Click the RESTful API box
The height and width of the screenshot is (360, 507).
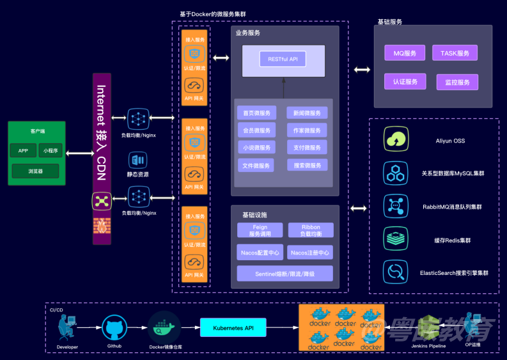pos(283,59)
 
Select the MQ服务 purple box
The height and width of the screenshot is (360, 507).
pos(404,53)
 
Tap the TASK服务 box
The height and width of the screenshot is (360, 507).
pos(455,53)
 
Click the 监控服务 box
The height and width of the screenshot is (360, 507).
pos(456,82)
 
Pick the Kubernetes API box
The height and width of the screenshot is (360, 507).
pos(232,328)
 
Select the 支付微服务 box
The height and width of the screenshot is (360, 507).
pos(308,148)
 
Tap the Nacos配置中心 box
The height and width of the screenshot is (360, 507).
pos(259,253)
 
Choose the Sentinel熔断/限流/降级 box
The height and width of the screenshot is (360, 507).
pos(285,274)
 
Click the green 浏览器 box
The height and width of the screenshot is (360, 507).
pos(35,171)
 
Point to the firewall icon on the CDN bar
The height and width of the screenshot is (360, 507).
pos(102,226)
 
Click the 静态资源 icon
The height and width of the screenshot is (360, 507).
pos(137,160)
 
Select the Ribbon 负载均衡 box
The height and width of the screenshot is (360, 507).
pos(310,230)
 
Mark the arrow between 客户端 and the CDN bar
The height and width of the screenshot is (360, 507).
pos(77,152)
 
